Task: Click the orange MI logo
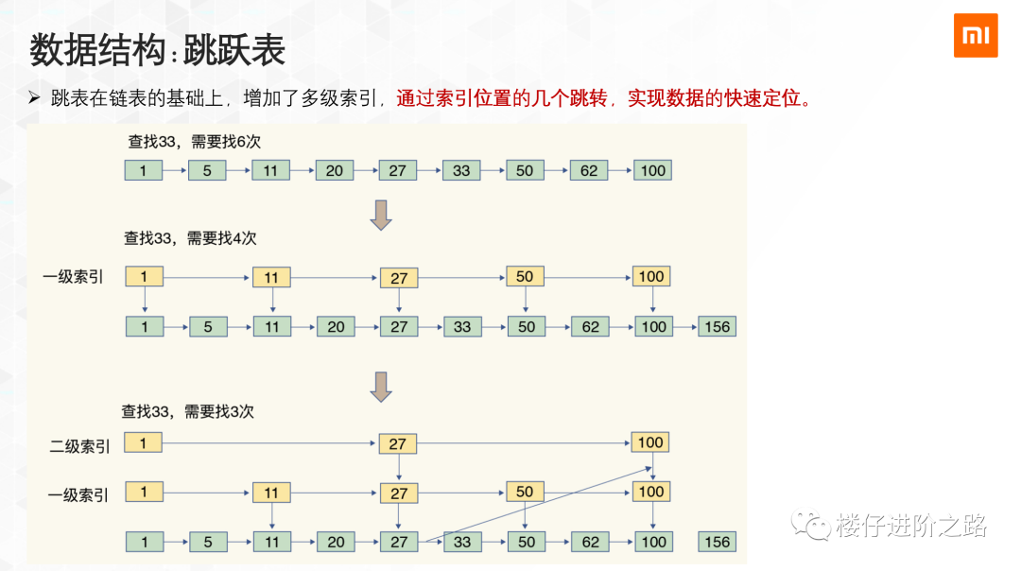coord(976,35)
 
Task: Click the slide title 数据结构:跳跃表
coord(157,51)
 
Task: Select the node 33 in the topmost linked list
coord(461,171)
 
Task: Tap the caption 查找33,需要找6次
coord(194,142)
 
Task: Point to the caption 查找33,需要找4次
coord(190,238)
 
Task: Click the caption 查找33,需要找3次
coord(187,412)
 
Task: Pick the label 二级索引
coord(79,446)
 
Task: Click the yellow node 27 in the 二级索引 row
coord(398,443)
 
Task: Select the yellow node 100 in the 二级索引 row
coord(650,442)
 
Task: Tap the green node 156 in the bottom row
coord(718,542)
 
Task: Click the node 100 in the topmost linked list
coord(652,171)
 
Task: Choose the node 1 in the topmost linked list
coord(144,171)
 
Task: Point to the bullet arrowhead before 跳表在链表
coord(34,97)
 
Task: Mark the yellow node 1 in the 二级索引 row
coord(144,442)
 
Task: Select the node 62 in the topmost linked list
coord(589,171)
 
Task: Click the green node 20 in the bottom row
coord(336,542)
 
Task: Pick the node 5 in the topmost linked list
coord(207,171)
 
